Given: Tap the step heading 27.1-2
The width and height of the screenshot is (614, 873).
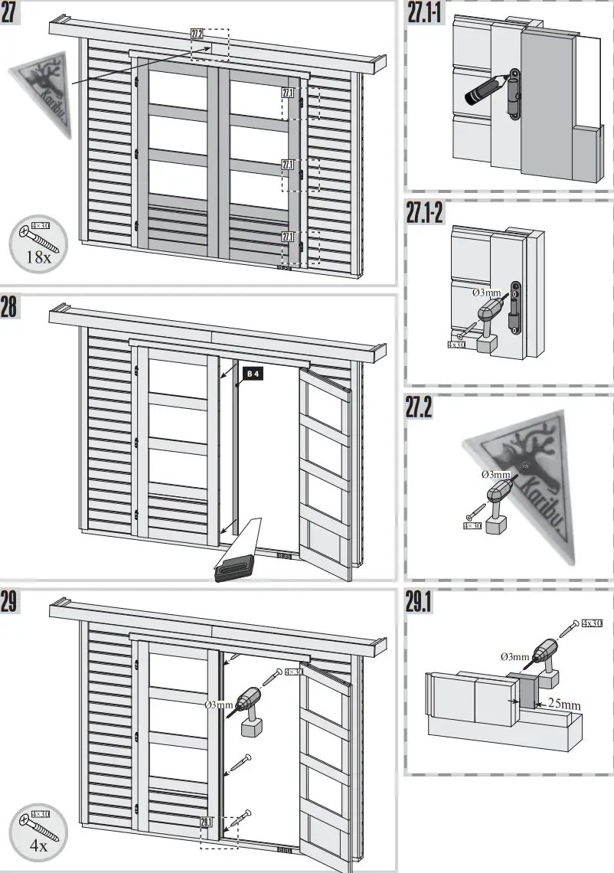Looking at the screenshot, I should pyautogui.click(x=426, y=214).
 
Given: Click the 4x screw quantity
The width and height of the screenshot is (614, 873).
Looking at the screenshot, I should pyautogui.click(x=38, y=845).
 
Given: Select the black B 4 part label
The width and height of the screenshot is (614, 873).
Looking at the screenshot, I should pyautogui.click(x=253, y=374).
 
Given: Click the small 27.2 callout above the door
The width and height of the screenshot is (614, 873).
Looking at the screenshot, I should pyautogui.click(x=197, y=34).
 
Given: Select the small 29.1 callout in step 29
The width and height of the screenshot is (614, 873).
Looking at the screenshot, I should pyautogui.click(x=206, y=822).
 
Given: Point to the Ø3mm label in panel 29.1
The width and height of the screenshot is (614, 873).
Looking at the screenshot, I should pyautogui.click(x=514, y=656).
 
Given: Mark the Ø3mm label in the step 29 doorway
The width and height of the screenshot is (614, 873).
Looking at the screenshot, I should pyautogui.click(x=219, y=704).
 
